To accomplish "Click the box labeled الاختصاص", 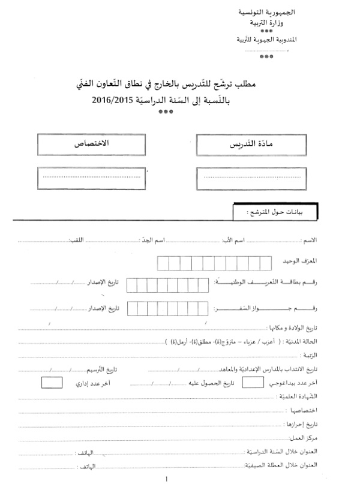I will click(x=90, y=145).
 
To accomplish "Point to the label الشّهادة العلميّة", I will click(x=299, y=396).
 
